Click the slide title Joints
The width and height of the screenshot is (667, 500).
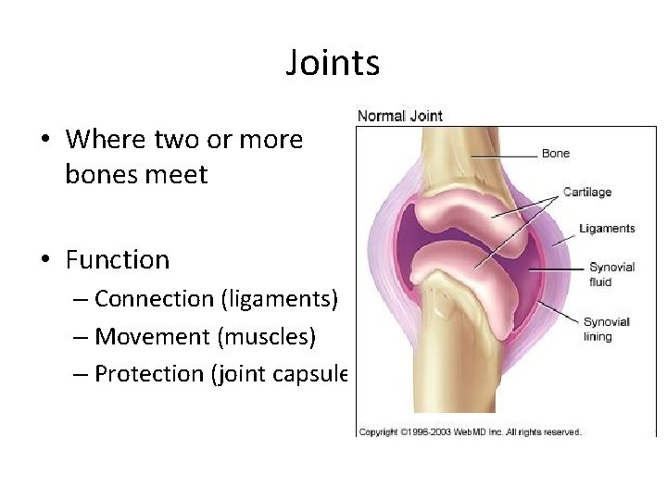(333, 63)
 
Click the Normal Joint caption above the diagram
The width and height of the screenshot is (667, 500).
(400, 116)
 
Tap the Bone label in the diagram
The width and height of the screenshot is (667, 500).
(556, 153)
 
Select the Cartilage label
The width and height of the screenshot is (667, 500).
(587, 192)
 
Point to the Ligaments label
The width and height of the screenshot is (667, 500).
(607, 228)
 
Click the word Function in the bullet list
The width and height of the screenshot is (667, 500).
(118, 260)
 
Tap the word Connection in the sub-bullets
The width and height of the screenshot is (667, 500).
(154, 299)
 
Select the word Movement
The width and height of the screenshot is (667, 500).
(153, 336)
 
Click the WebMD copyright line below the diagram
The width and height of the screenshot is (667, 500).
(470, 431)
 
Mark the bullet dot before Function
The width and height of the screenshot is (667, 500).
(44, 260)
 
